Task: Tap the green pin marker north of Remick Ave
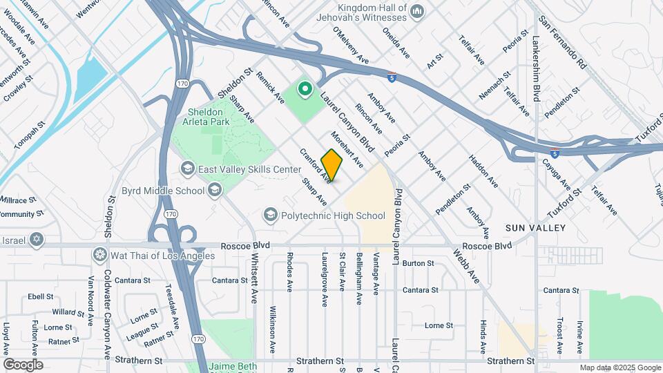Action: click(305, 89)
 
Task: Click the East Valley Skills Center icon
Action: click(187, 169)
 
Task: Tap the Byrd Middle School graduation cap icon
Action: click(215, 191)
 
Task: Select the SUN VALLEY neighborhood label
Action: click(535, 228)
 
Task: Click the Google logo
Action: click(22, 364)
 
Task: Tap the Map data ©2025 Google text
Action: click(619, 367)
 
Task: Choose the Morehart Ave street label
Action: click(347, 149)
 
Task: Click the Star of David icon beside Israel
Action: click(37, 240)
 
